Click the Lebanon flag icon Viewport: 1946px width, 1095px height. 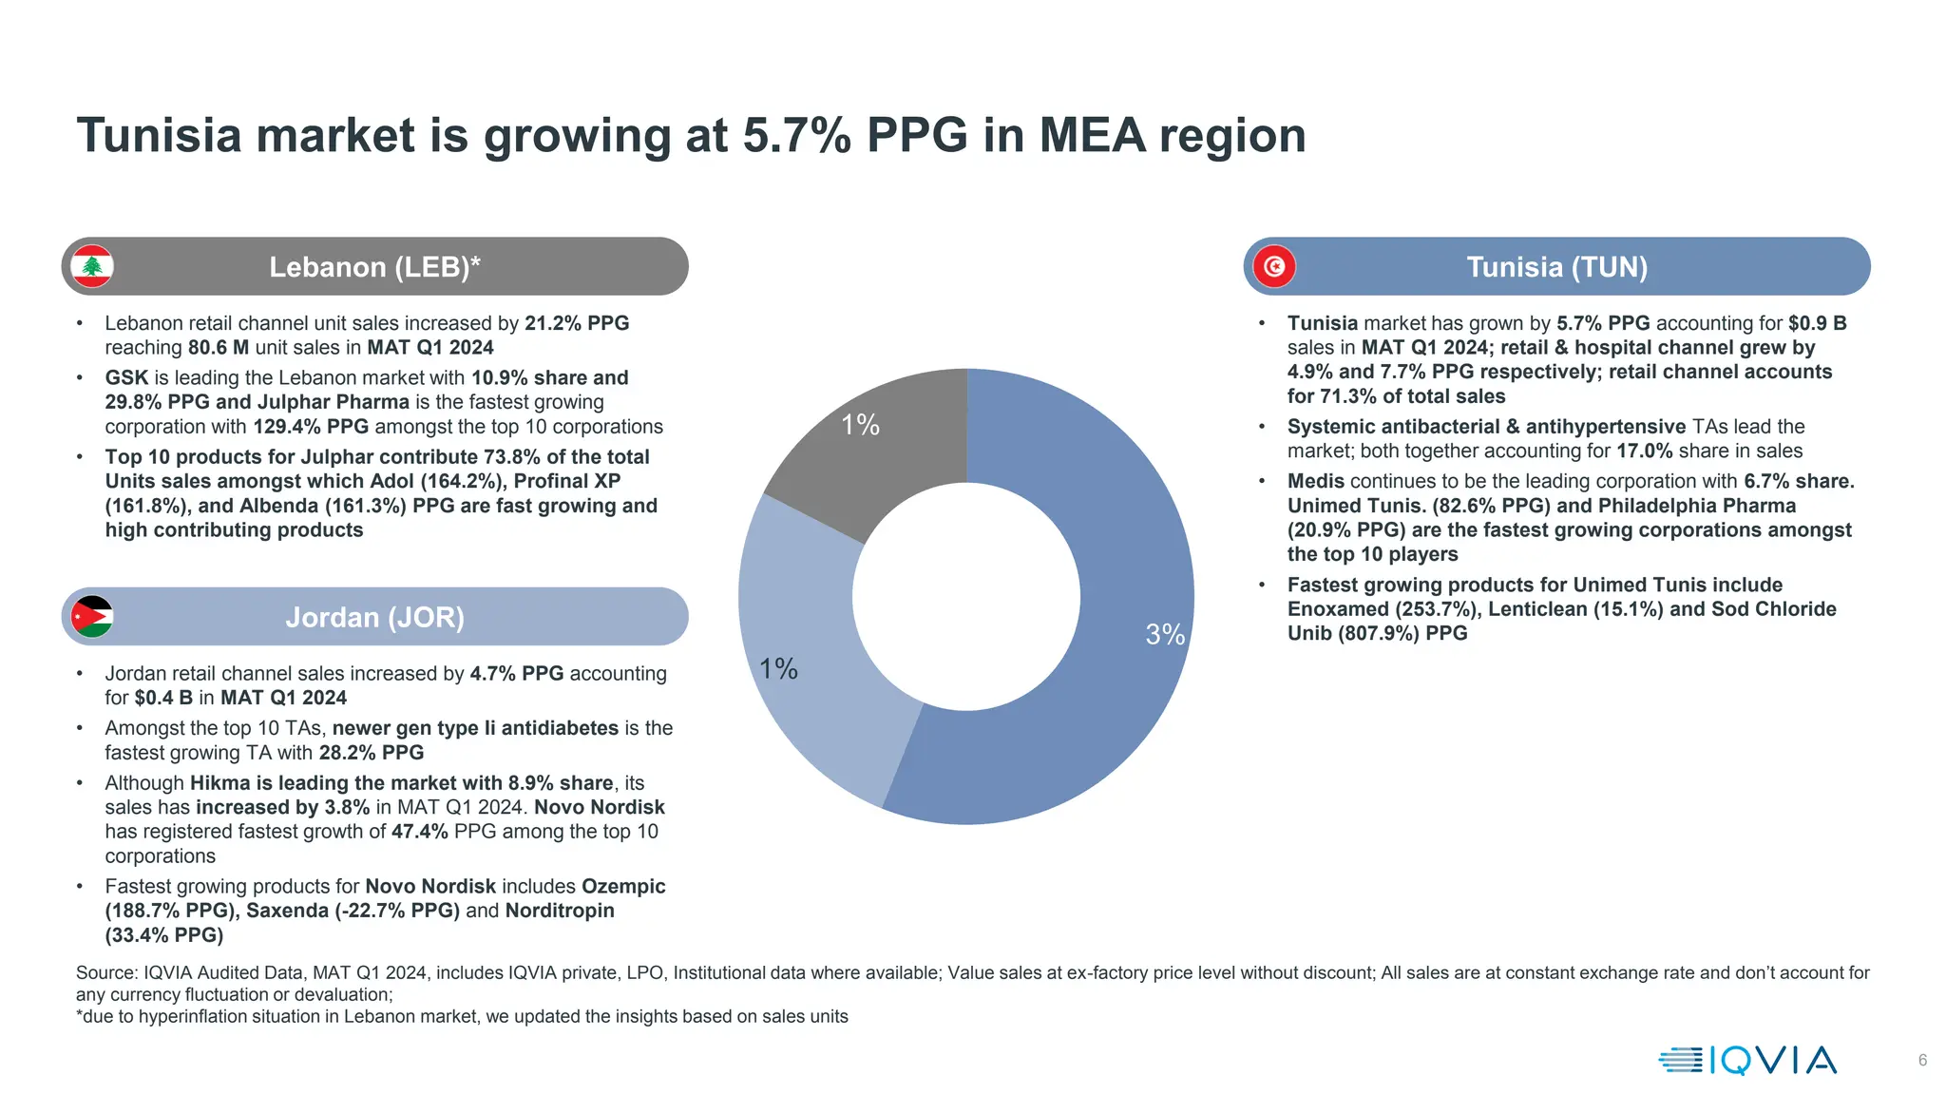point(92,266)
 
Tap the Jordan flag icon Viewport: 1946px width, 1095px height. point(92,617)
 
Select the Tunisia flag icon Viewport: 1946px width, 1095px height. point(1274,266)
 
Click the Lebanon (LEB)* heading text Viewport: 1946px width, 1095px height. point(374,267)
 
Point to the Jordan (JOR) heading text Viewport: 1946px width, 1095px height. point(374,618)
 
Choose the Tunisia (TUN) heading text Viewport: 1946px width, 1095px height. point(1556,267)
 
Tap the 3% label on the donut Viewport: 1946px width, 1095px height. point(1165,635)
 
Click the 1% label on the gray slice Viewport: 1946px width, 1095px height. point(860,425)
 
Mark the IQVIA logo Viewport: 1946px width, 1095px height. point(1747,1060)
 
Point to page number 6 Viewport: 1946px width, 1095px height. point(1922,1060)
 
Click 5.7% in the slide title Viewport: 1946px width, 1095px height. point(796,135)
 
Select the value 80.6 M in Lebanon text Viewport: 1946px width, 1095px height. point(219,348)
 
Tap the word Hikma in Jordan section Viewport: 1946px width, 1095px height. point(219,783)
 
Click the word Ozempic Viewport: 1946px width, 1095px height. point(623,887)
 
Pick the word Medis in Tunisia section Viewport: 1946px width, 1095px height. point(1315,482)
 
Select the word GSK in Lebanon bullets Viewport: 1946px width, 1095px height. point(126,378)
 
